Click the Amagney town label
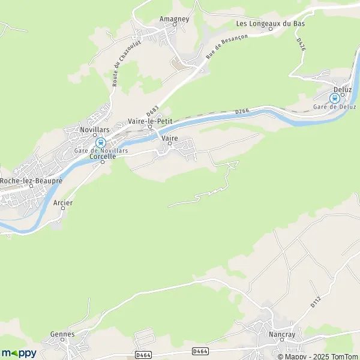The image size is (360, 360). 174,19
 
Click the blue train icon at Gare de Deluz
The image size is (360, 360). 335,98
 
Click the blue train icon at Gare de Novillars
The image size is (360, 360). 101,143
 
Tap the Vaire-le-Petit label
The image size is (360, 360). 150,121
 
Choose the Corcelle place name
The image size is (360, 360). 101,157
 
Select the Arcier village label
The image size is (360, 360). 63,203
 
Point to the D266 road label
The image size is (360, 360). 242,111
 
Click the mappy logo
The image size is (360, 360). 19,352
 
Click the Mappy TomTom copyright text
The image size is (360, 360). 317,356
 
